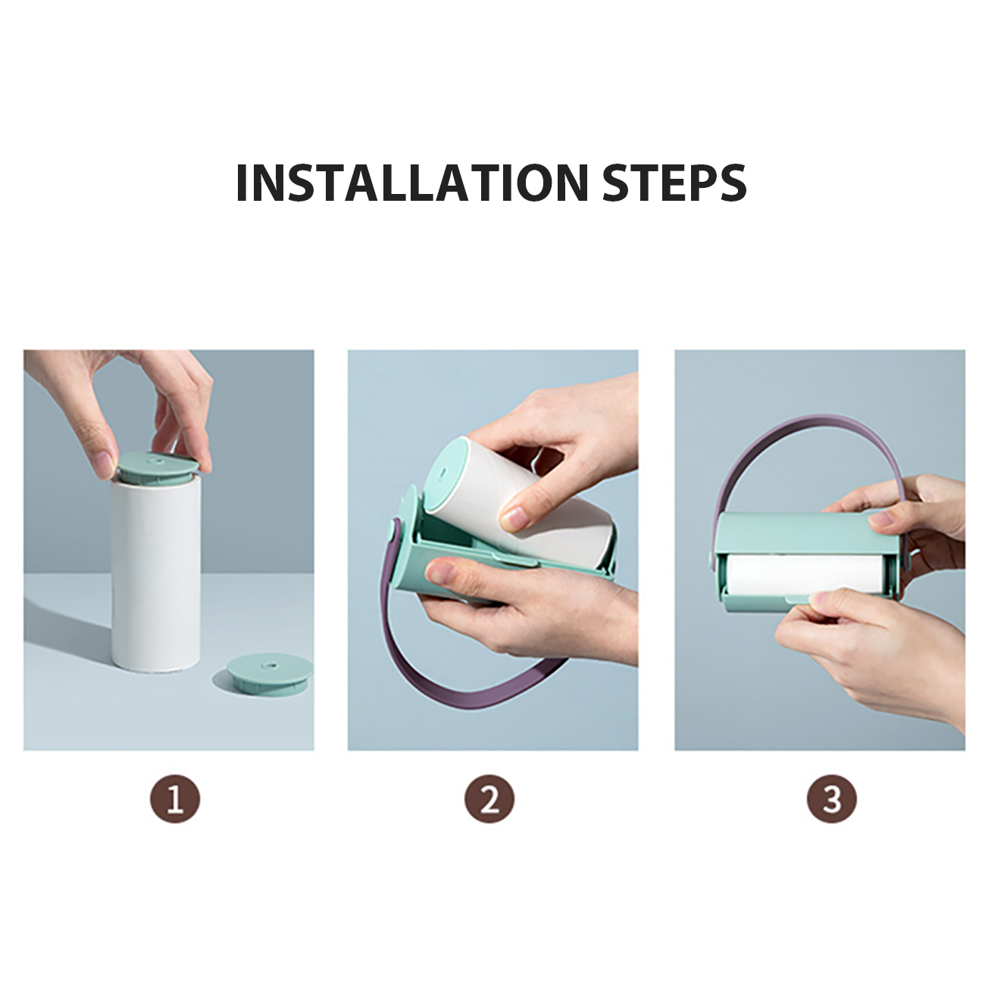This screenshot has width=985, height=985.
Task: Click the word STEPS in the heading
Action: [674, 183]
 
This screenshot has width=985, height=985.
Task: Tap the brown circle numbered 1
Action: [175, 799]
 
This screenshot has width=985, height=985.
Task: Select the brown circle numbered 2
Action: [489, 799]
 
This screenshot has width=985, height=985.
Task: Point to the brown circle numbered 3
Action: [832, 799]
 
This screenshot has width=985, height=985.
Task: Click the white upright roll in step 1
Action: [156, 575]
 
